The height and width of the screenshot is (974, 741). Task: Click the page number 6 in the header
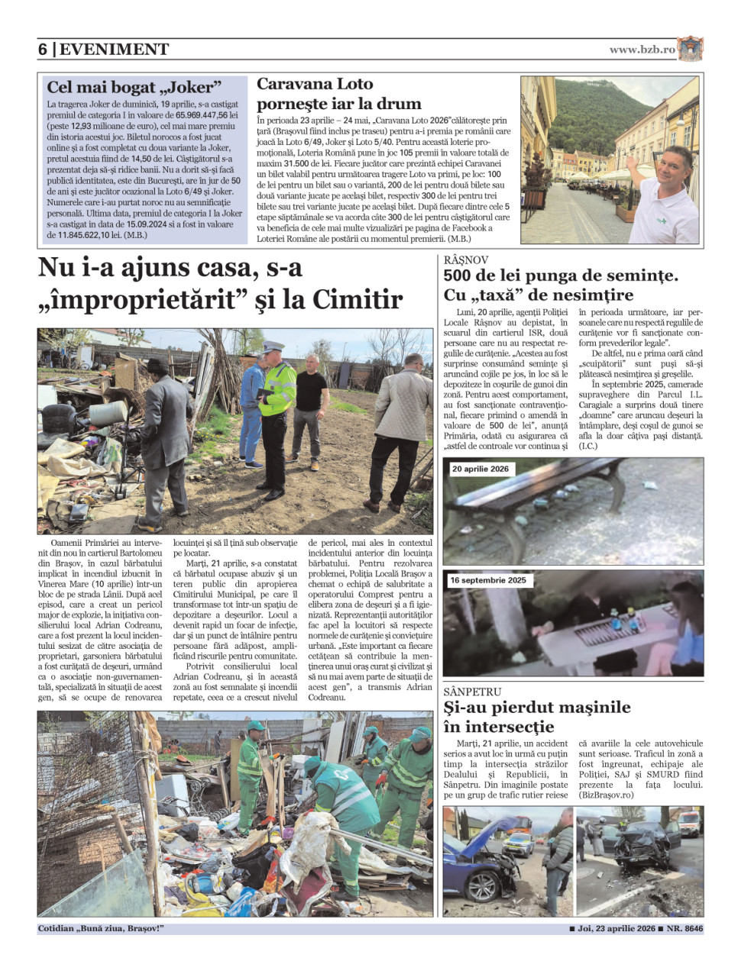[43, 50]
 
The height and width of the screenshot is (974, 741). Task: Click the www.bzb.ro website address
[642, 50]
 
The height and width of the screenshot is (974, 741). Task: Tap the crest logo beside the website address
[690, 49]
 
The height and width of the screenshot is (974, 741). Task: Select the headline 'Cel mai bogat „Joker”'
[134, 87]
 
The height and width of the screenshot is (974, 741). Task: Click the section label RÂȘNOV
[465, 260]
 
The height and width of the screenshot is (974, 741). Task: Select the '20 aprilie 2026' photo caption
[480, 469]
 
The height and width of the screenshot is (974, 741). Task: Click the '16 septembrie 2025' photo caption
[488, 580]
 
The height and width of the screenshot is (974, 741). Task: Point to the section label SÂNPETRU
[472, 692]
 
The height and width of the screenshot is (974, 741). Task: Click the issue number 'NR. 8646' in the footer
[684, 929]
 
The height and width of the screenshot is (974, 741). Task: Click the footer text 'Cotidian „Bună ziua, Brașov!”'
[101, 929]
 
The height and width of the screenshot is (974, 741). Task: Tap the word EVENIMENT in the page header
[115, 50]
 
